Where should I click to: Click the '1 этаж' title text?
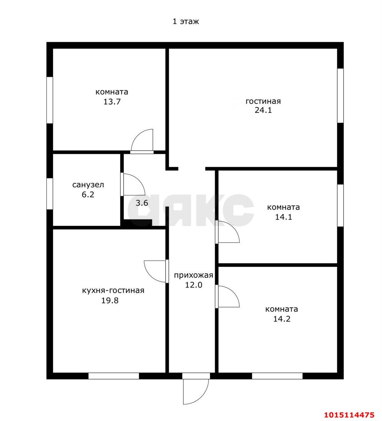pyautogui.click(x=185, y=21)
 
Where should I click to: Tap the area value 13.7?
pyautogui.click(x=112, y=102)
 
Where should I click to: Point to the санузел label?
pyautogui.click(x=88, y=185)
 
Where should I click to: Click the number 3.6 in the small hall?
pyautogui.click(x=142, y=203)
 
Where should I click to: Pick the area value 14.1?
pyautogui.click(x=283, y=217)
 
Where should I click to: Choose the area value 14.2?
pyautogui.click(x=282, y=319)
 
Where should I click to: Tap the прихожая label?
pyautogui.click(x=193, y=275)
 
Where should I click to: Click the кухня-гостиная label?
pyautogui.click(x=113, y=291)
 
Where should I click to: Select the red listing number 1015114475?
pyautogui.click(x=349, y=415)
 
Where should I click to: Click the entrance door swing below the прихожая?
pyautogui.click(x=196, y=391)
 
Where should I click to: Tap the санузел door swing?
pyautogui.click(x=132, y=185)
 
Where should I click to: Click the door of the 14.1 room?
pyautogui.click(x=227, y=232)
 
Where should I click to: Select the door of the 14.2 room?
pyautogui.click(x=227, y=296)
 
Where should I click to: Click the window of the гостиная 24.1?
pyautogui.click(x=340, y=95)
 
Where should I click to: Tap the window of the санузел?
pyautogui.click(x=50, y=194)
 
